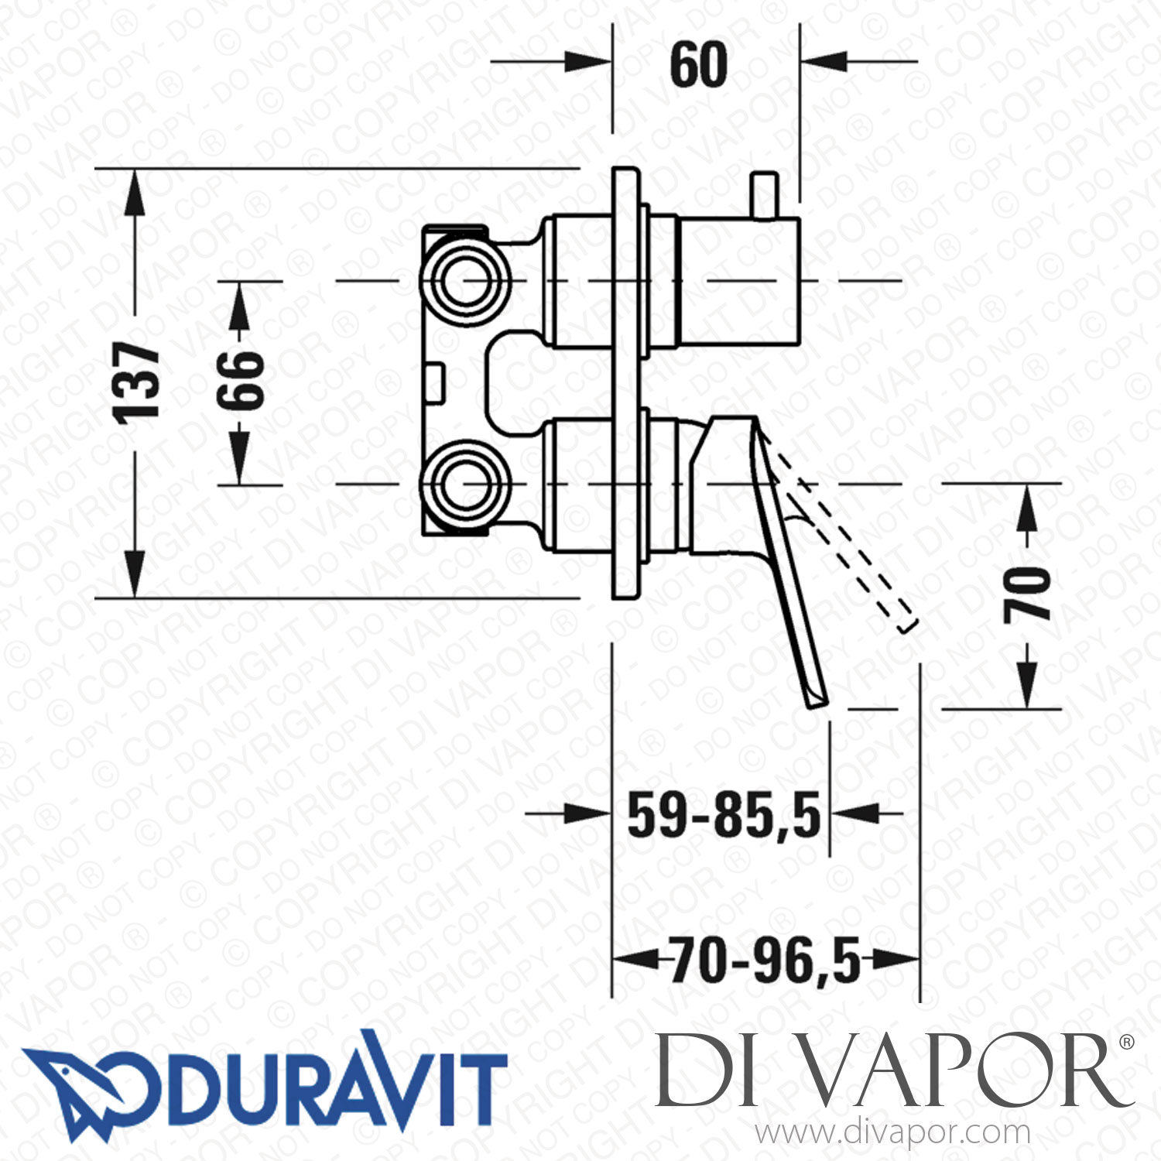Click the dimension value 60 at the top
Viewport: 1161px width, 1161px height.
[x=698, y=65]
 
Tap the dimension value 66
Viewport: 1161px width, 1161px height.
[x=240, y=381]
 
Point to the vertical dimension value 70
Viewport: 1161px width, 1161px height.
[x=1027, y=594]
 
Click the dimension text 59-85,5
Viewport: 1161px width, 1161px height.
[x=723, y=816]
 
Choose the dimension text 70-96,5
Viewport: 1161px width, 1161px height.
[x=765, y=961]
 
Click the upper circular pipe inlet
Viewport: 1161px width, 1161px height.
[x=466, y=280]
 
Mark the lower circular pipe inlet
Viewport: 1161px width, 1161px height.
[x=466, y=485]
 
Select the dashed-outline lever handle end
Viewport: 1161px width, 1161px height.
[x=908, y=623]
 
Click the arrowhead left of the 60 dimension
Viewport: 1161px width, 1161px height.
[x=588, y=62]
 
